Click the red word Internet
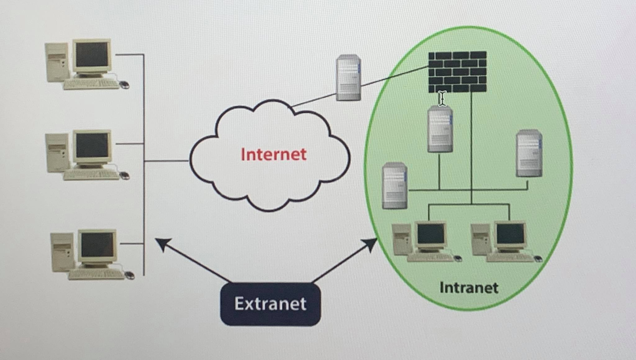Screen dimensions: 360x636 pyautogui.click(x=273, y=154)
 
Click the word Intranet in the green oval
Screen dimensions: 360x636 pyautogui.click(x=469, y=288)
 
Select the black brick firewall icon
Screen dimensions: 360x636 pyautogui.click(x=457, y=72)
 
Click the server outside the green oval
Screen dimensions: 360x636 pyautogui.click(x=348, y=78)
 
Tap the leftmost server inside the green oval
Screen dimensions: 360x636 pyautogui.click(x=395, y=186)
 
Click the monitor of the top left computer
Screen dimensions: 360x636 pyautogui.click(x=92, y=55)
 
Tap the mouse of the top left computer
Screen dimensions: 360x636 pyautogui.click(x=124, y=84)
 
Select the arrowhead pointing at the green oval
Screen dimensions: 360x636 pyautogui.click(x=371, y=244)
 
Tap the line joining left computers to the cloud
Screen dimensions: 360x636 pyautogui.click(x=166, y=161)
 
